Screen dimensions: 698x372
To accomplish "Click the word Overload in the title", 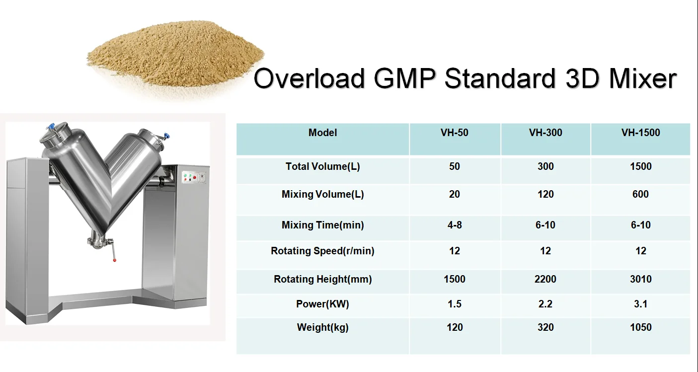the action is [x=309, y=78].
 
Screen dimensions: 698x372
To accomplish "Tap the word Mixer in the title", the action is [x=642, y=78].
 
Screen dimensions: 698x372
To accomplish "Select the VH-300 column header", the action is [x=545, y=133].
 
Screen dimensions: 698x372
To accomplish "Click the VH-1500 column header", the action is [x=640, y=133].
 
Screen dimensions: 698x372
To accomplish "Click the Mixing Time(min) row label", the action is [x=322, y=225].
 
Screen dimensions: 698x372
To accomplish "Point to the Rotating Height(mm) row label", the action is [x=322, y=279].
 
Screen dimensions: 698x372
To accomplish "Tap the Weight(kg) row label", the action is [x=322, y=327].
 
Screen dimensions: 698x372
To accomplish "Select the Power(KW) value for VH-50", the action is [x=455, y=304].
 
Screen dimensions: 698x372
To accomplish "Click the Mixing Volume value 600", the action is [x=640, y=194].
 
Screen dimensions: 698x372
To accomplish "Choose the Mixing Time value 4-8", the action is [x=455, y=225].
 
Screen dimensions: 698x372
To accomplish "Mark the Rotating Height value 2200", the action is [x=545, y=279].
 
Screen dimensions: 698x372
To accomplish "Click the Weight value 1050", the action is [x=640, y=327].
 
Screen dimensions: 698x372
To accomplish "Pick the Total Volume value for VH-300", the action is [x=545, y=166].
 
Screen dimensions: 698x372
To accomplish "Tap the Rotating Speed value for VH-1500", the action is [x=640, y=251].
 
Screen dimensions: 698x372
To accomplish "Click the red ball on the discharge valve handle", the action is [x=114, y=260].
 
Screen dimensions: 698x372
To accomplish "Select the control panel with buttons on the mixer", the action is [x=194, y=177].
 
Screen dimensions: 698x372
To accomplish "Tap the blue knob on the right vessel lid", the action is [x=167, y=136].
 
